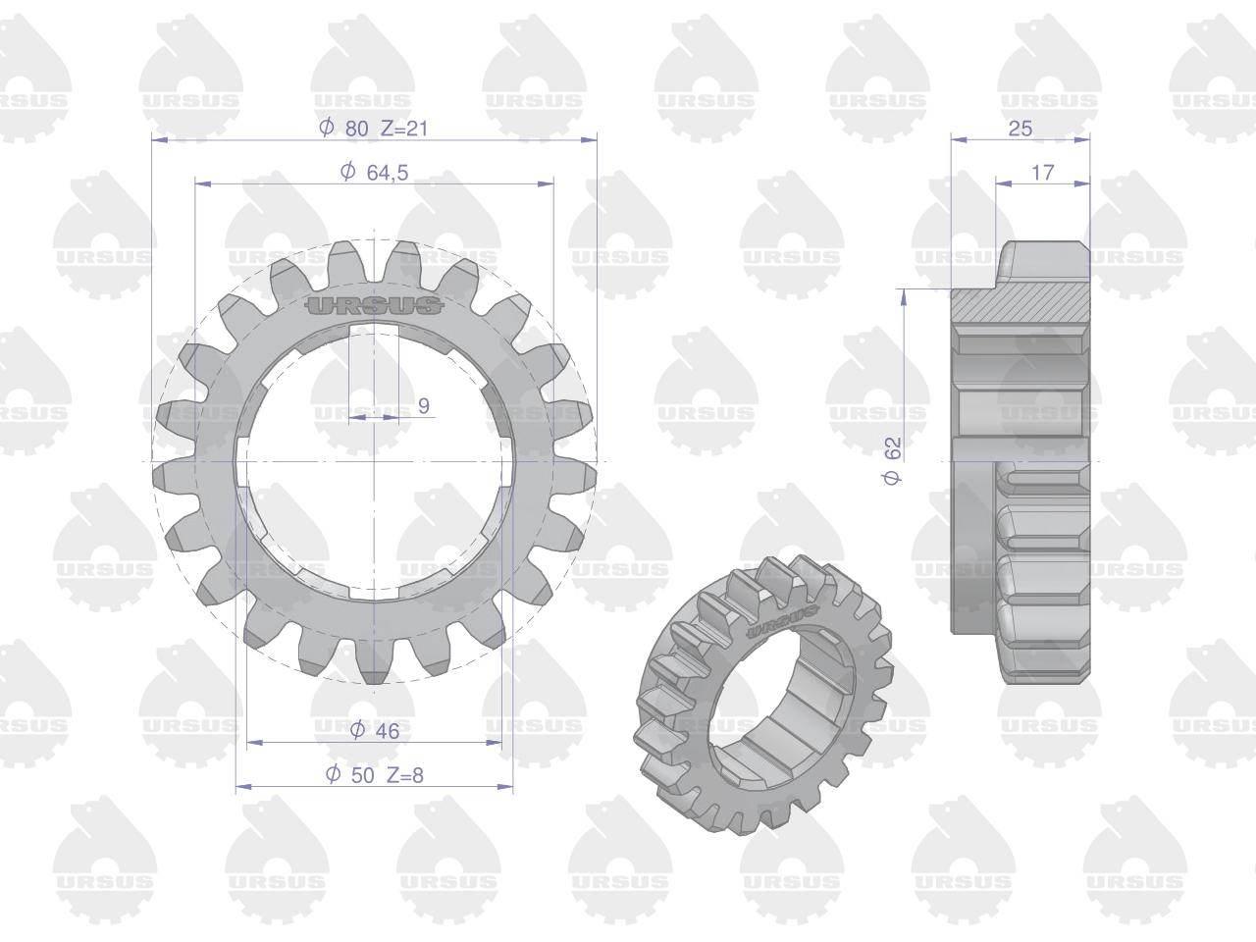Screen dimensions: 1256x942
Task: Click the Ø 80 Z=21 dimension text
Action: point(374,128)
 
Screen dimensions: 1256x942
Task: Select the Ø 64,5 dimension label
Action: point(374,172)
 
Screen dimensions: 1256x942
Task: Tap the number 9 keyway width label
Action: point(424,405)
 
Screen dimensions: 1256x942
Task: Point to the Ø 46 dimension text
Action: point(374,730)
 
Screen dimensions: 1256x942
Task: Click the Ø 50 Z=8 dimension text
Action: point(374,775)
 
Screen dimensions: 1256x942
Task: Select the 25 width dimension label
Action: point(1020,129)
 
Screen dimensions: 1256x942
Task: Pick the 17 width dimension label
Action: point(1042,172)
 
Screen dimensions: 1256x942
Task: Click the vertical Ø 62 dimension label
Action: point(892,461)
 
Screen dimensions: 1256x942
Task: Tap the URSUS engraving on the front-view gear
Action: point(374,305)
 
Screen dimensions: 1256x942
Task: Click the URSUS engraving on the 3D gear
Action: point(783,622)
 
